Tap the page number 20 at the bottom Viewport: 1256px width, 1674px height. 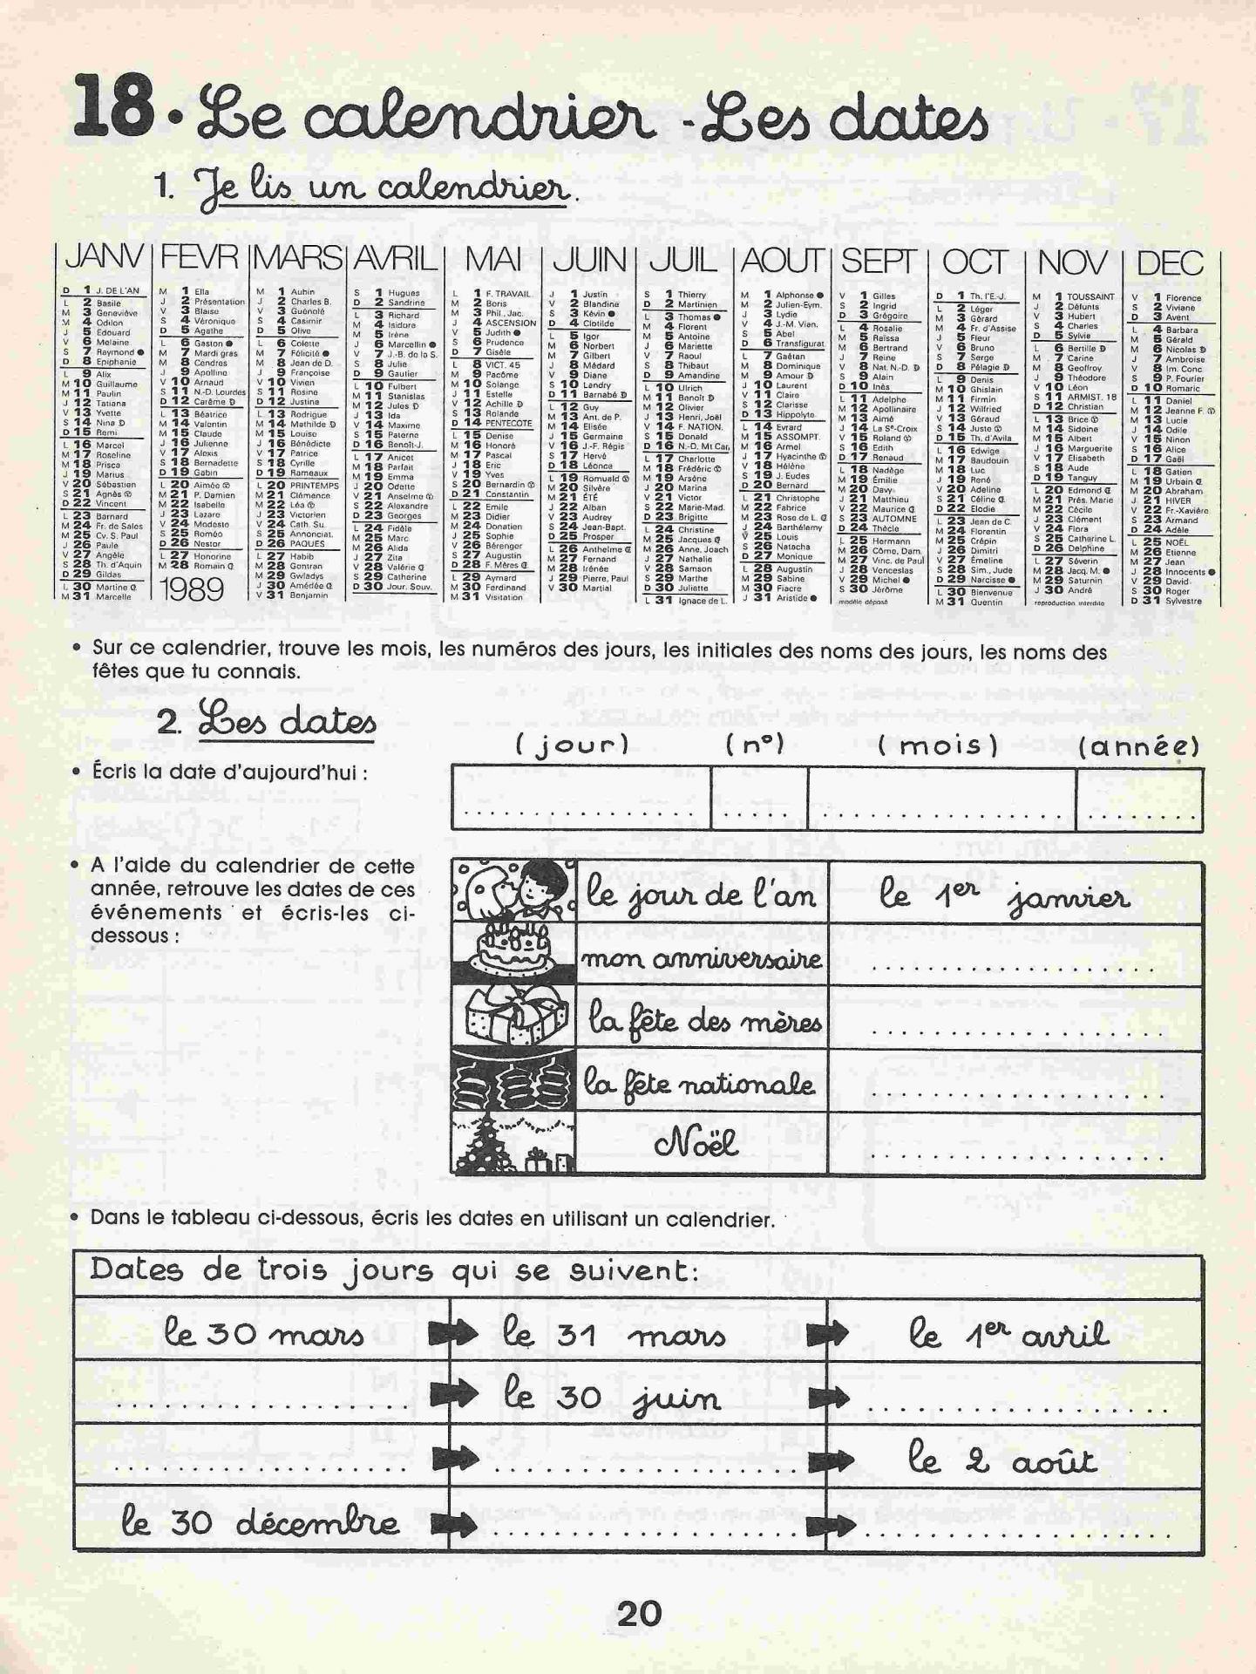(x=639, y=1614)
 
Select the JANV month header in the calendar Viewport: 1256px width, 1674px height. (x=104, y=258)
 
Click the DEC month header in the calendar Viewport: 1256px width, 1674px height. (x=1170, y=262)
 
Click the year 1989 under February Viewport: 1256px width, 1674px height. (x=193, y=590)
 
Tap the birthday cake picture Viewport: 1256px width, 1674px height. (x=513, y=955)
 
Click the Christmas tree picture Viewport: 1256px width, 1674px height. (x=513, y=1142)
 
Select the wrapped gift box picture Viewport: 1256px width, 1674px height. (x=513, y=1017)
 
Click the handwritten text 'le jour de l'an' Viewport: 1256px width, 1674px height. (x=702, y=895)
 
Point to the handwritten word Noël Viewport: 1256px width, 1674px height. (x=696, y=1142)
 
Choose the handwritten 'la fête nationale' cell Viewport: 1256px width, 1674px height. (x=700, y=1082)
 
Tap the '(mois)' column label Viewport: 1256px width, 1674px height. (x=938, y=745)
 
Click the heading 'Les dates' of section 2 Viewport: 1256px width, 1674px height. (x=288, y=723)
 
